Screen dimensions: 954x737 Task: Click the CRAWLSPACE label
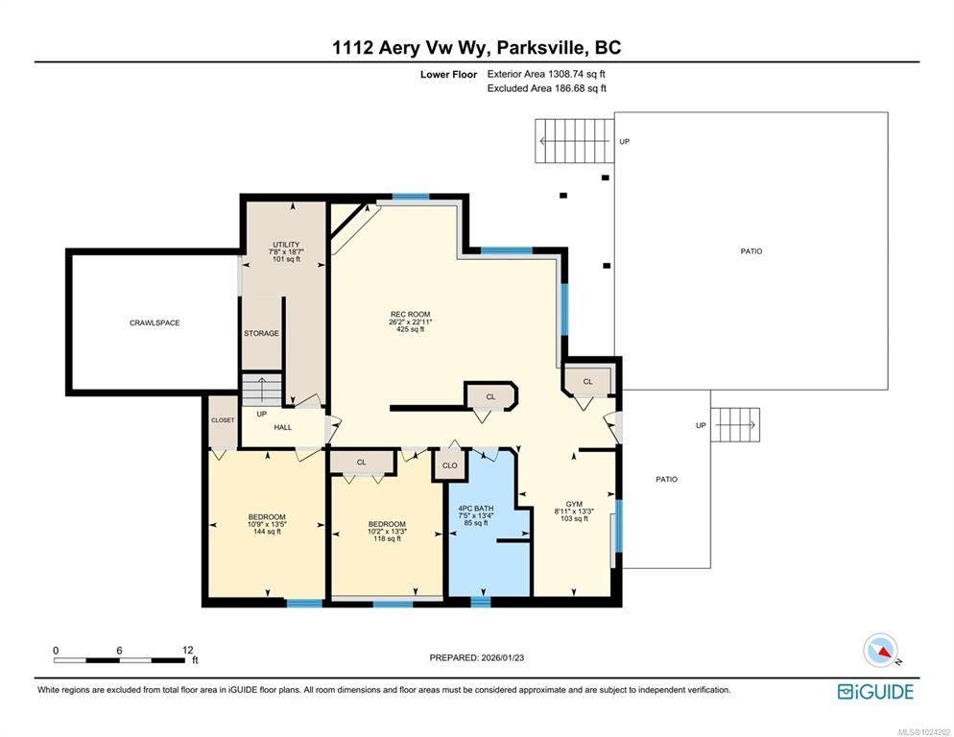[155, 322]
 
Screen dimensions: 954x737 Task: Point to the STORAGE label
[262, 334]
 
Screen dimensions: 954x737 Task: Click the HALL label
[283, 427]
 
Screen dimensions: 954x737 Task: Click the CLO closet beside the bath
[449, 465]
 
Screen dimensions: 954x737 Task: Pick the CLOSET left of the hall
[223, 420]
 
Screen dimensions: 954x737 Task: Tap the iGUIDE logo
[875, 692]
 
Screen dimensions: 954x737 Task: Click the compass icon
[881, 651]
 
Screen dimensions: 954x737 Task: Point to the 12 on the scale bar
[187, 650]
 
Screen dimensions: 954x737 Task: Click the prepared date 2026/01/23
[503, 657]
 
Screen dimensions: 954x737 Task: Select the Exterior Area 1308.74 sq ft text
[546, 74]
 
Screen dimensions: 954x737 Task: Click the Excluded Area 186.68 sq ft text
[546, 88]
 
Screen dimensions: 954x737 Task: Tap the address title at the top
[476, 47]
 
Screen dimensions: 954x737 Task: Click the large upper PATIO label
[751, 250]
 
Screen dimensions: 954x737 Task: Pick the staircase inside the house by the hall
[262, 390]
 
